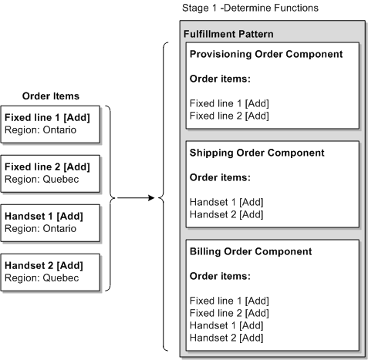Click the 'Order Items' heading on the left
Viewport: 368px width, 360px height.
click(51, 96)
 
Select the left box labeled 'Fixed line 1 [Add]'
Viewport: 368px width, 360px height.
click(50, 123)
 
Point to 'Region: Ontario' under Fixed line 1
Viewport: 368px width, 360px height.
click(40, 130)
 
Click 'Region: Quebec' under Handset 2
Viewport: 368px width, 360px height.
click(39, 278)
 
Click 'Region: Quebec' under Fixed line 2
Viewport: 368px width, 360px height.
click(39, 179)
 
